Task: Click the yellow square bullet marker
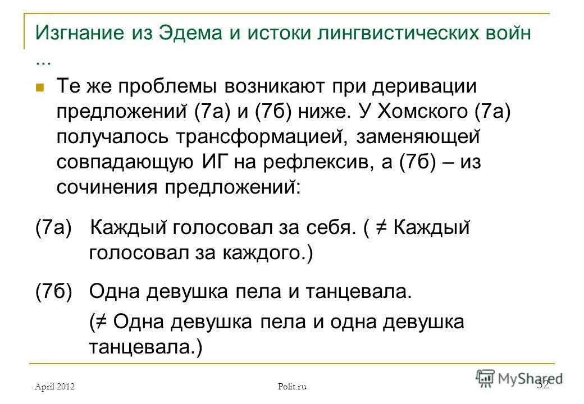(39, 88)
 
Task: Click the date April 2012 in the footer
(54, 386)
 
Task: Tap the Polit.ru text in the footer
(293, 386)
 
